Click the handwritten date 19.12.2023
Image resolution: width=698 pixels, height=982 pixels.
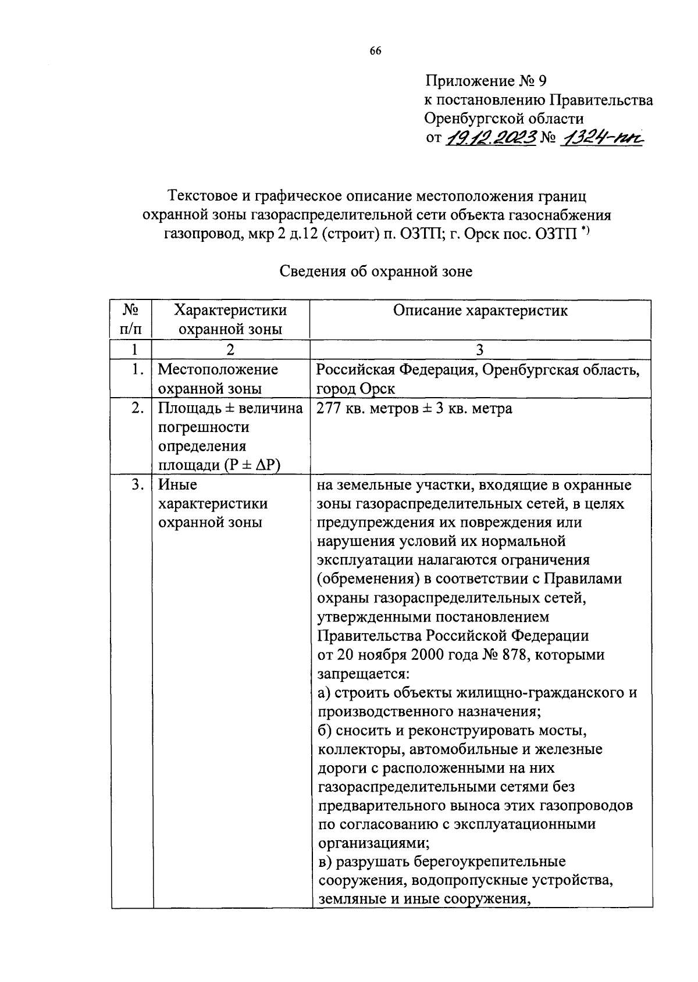pyautogui.click(x=490, y=138)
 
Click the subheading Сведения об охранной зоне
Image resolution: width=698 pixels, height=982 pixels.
pyautogui.click(x=376, y=272)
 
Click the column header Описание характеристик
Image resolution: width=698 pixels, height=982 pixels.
pyautogui.click(x=480, y=310)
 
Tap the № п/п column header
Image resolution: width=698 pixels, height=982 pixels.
pyautogui.click(x=131, y=319)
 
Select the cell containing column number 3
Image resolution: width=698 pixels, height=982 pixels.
pyautogui.click(x=480, y=350)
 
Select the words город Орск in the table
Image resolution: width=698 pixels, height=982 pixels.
pyautogui.click(x=355, y=388)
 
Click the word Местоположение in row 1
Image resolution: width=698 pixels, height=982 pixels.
pyautogui.click(x=218, y=370)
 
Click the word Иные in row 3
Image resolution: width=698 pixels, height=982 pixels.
pyautogui.click(x=177, y=485)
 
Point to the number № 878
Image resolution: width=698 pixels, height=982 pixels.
pyautogui.click(x=504, y=655)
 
